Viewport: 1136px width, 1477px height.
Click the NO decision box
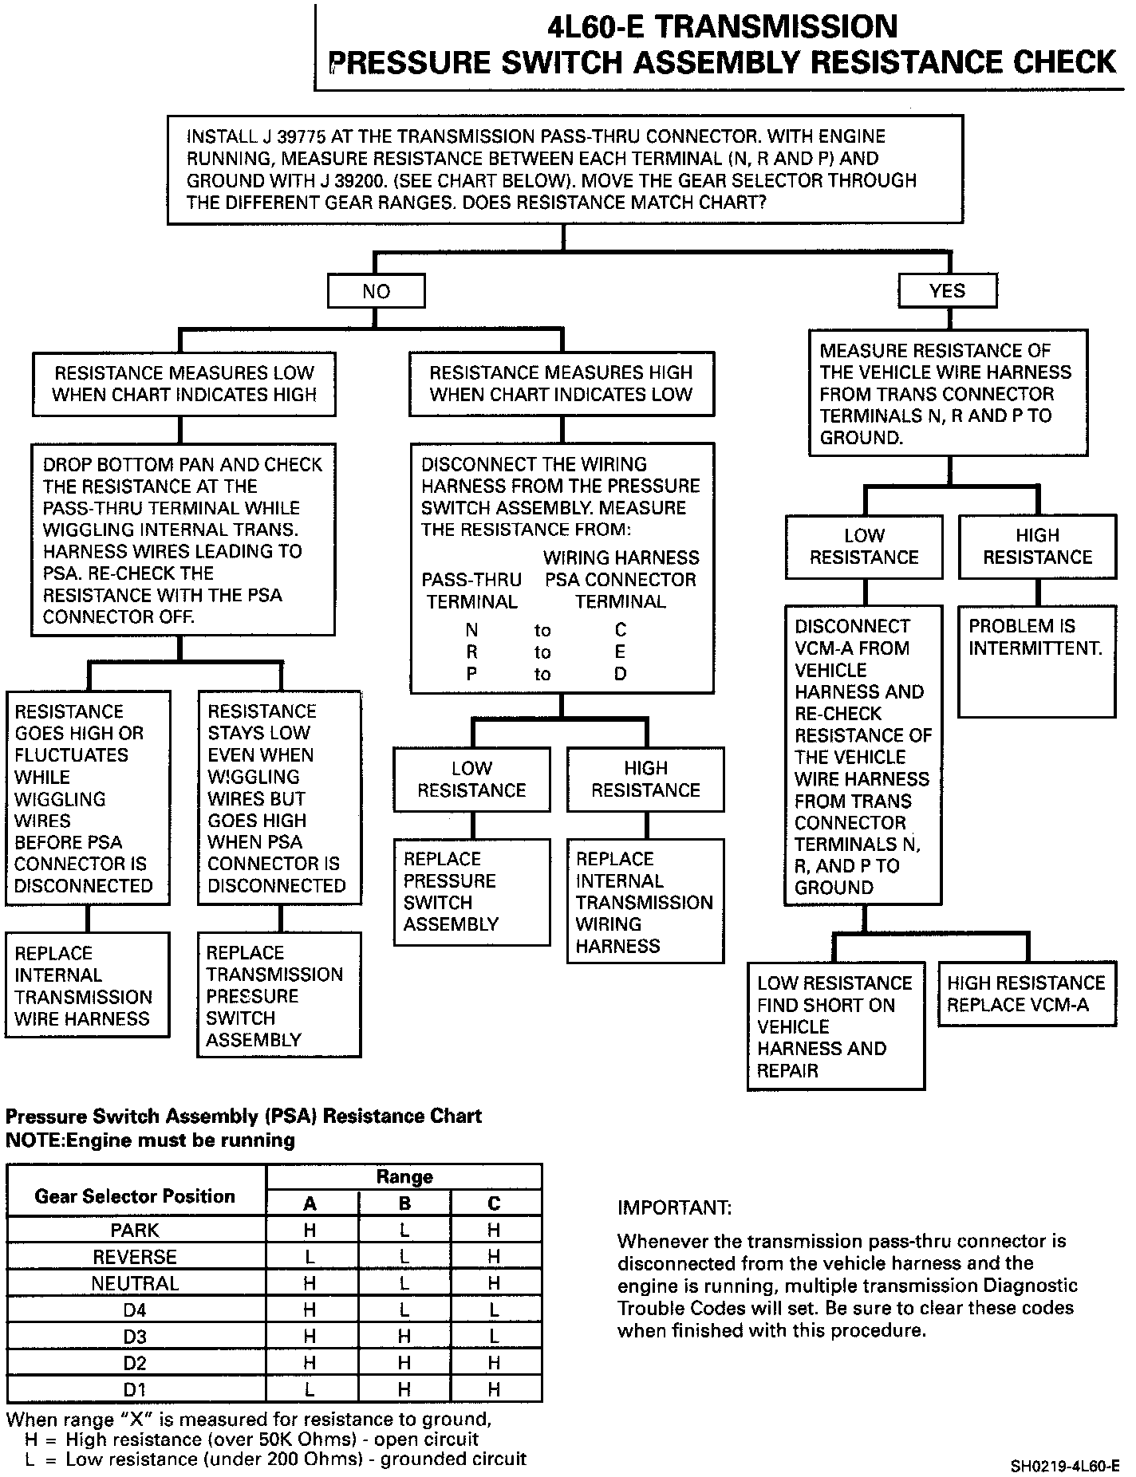[376, 291]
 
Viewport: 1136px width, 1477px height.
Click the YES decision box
[947, 290]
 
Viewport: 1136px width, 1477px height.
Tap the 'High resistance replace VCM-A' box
[1027, 994]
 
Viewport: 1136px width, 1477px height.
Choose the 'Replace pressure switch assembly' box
[471, 892]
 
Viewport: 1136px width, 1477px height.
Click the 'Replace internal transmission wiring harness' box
[645, 901]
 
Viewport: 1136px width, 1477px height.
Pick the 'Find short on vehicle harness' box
[835, 1026]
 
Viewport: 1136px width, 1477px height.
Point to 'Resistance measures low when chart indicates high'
[184, 384]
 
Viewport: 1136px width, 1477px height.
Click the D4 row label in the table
[135, 1310]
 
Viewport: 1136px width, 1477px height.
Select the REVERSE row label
[135, 1257]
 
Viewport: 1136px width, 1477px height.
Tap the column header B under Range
[404, 1203]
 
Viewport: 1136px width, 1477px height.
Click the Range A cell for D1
[310, 1389]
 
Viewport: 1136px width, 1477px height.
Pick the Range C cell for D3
[494, 1337]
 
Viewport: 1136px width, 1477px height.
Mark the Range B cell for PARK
[404, 1231]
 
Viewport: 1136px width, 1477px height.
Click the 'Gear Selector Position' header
[135, 1195]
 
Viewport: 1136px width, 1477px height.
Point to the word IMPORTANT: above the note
[674, 1207]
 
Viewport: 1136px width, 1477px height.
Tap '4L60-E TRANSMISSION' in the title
[722, 27]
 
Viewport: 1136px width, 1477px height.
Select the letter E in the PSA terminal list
[621, 652]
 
